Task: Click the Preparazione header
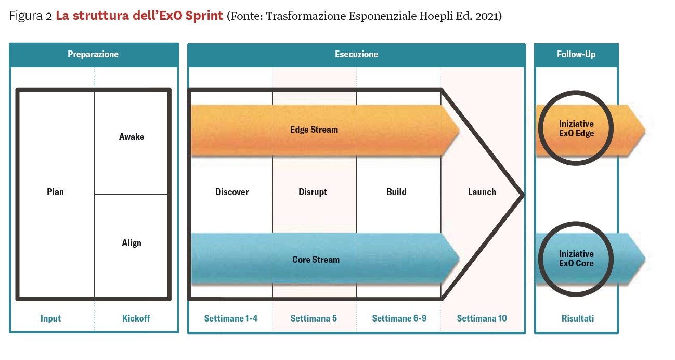93,54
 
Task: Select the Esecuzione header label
357,54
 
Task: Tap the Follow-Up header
576,54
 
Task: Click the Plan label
56,192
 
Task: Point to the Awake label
132,137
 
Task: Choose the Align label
132,243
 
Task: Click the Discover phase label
232,192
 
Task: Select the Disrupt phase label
313,192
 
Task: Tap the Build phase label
396,192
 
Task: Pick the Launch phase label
482,192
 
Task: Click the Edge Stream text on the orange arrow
314,130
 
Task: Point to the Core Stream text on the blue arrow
316,260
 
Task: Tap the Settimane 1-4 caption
231,318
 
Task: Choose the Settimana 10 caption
482,318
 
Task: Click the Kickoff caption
136,318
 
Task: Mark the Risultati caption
578,318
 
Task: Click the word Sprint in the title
204,16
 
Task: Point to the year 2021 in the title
487,16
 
